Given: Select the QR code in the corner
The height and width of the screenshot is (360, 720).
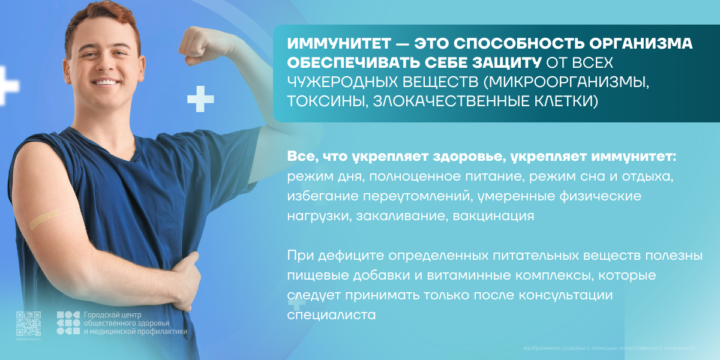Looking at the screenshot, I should [x=28, y=323].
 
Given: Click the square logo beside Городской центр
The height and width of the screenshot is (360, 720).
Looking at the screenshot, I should [x=68, y=323].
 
